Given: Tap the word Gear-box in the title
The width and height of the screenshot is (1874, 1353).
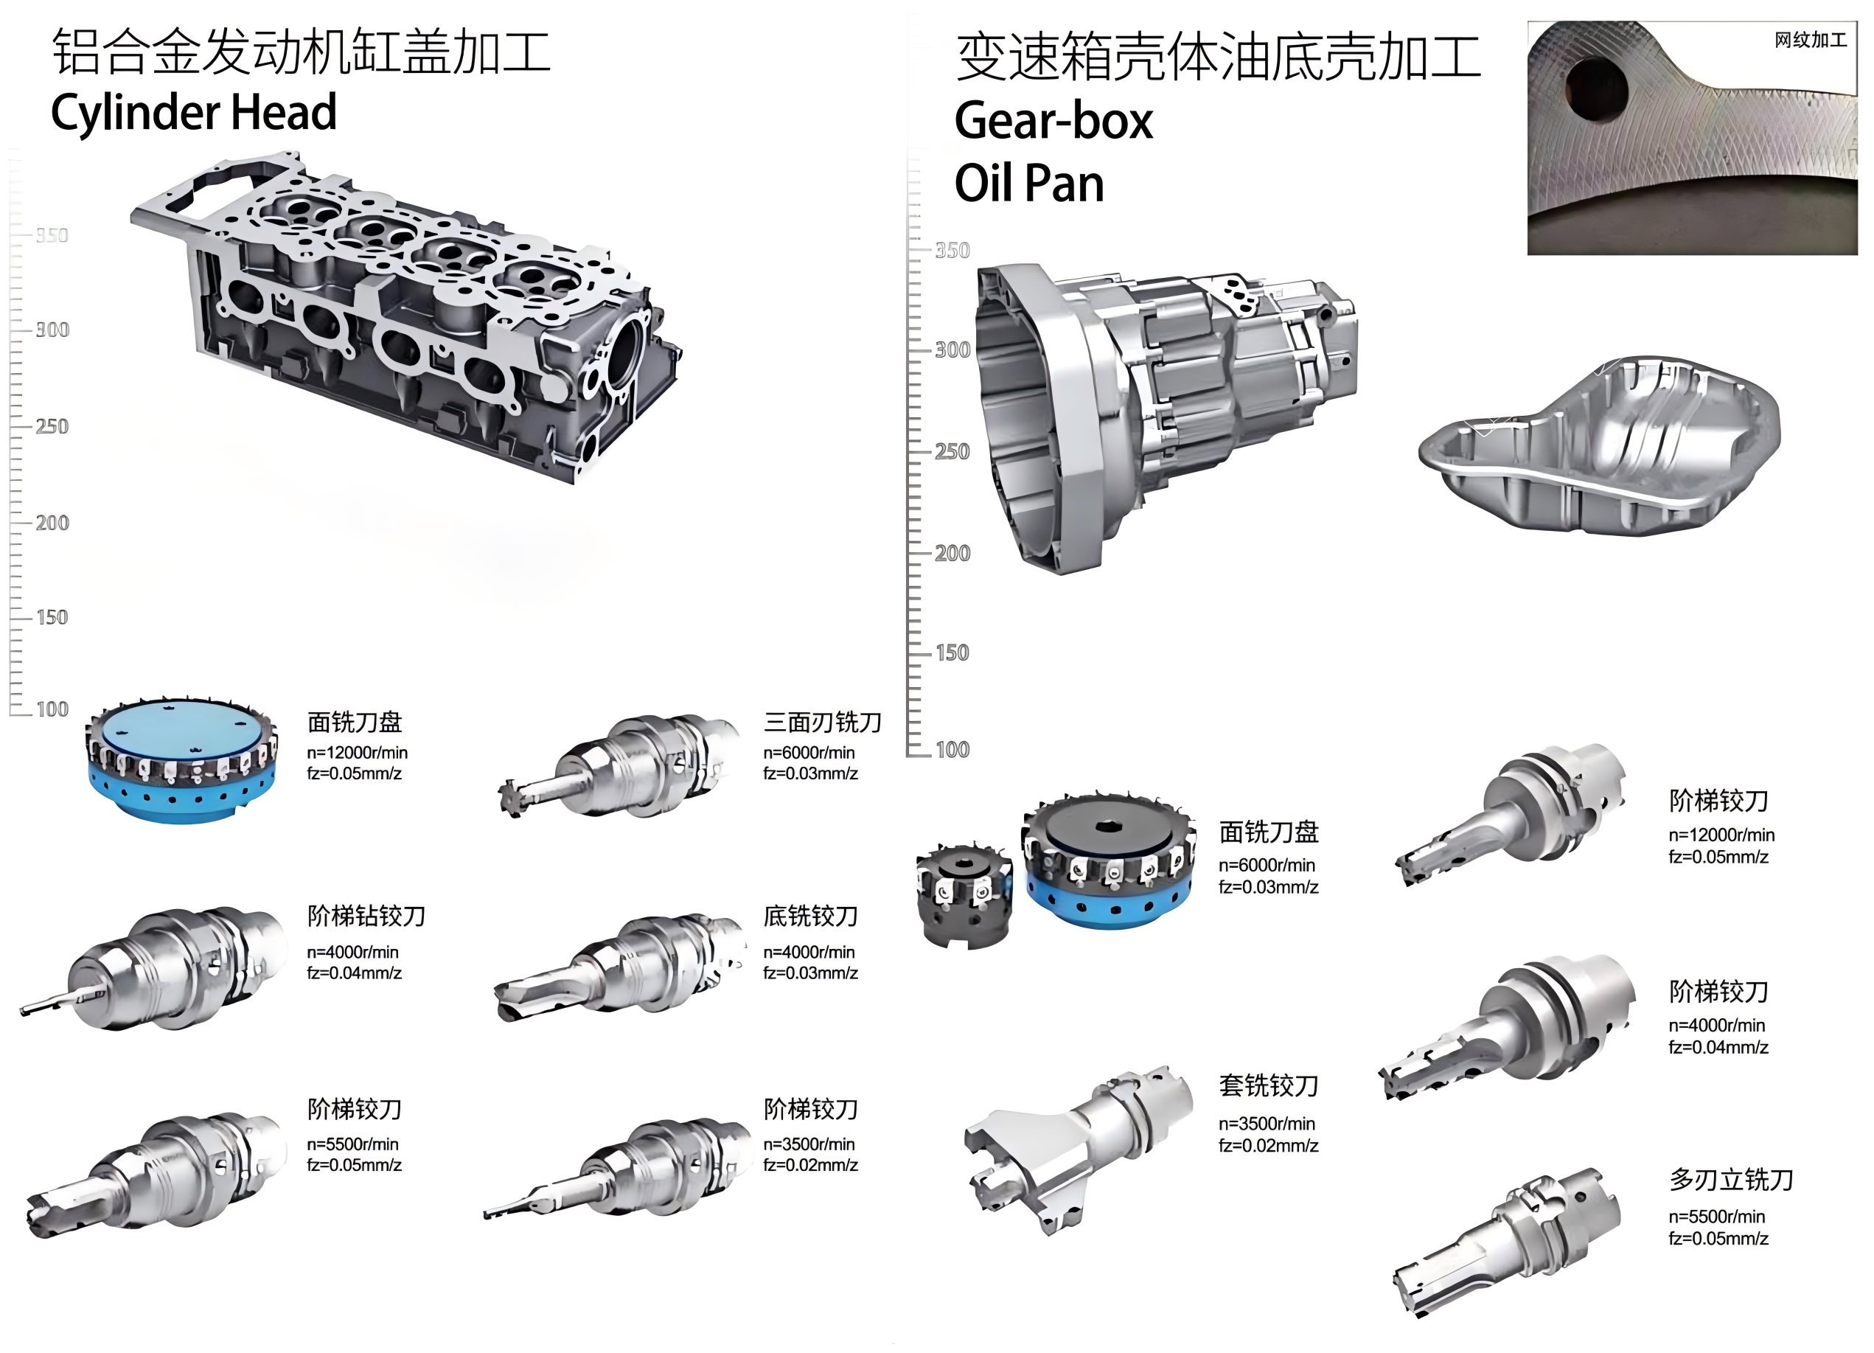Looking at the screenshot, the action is click(1053, 122).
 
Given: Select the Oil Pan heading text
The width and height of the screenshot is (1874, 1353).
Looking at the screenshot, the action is click(1028, 183).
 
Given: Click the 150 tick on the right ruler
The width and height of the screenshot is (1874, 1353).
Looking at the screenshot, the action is click(952, 653).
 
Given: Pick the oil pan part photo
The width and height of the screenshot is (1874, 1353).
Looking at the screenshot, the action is click(1600, 445).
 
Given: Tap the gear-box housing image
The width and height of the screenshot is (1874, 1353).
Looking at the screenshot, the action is click(1165, 417).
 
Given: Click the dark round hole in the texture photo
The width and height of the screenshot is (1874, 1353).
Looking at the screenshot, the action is click(1595, 88).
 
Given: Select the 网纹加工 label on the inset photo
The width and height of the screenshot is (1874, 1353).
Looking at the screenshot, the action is click(1811, 40).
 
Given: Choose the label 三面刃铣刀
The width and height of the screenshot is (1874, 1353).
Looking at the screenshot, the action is click(822, 723).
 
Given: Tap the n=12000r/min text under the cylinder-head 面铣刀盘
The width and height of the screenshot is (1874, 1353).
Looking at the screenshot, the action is click(357, 753).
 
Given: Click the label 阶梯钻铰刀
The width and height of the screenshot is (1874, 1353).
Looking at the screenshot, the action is click(366, 916).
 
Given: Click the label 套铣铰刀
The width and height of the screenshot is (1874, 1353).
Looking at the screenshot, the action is click(1268, 1085).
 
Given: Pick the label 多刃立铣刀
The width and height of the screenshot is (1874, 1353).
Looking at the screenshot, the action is click(1730, 1180).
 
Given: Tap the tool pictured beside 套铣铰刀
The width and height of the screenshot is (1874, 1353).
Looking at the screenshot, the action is click(1079, 1149).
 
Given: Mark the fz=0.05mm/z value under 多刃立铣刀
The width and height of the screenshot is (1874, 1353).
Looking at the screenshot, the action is click(1718, 1239).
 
